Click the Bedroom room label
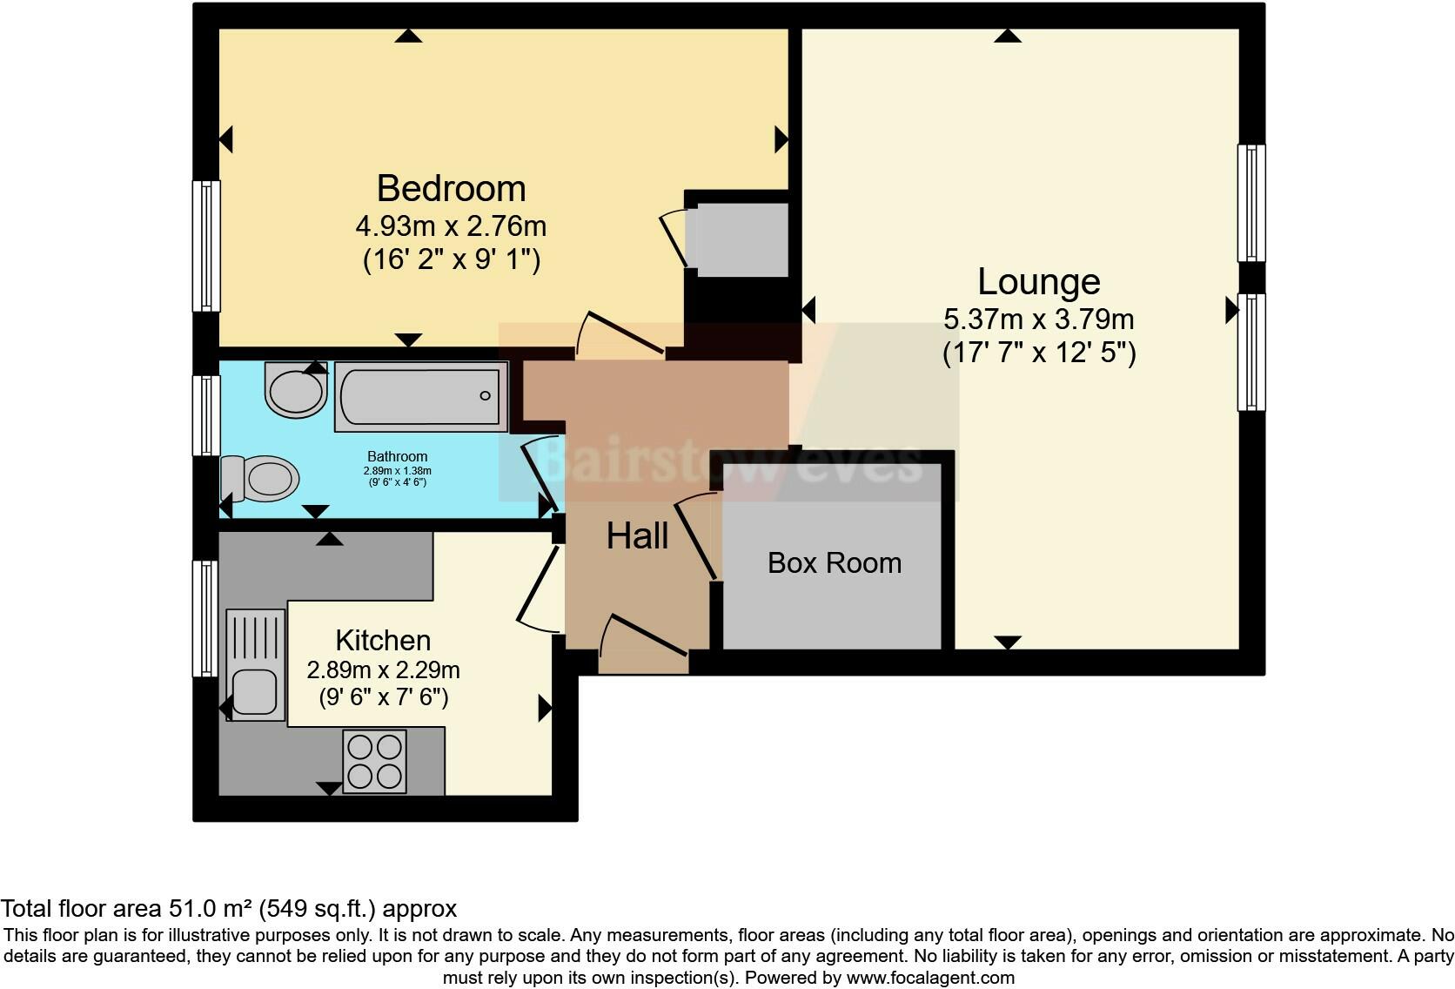[451, 189]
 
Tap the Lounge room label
[1038, 282]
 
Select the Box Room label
[834, 563]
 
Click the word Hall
[637, 536]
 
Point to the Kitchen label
[383, 641]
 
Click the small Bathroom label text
[397, 456]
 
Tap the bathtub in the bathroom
[420, 397]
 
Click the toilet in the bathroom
[261, 478]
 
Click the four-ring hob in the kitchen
[375, 762]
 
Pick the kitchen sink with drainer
[256, 664]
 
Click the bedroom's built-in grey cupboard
[737, 240]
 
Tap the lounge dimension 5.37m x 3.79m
[1038, 320]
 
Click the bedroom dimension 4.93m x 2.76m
[451, 226]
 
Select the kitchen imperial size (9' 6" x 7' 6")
[383, 697]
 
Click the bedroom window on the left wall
[206, 246]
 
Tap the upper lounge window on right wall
[1251, 203]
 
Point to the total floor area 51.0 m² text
[228, 909]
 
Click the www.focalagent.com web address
[929, 978]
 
